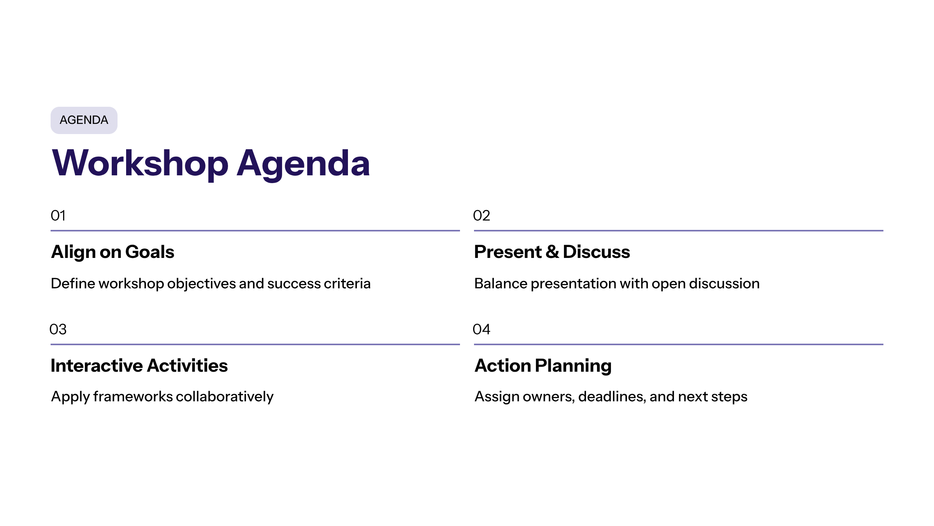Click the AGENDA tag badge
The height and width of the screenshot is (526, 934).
point(84,120)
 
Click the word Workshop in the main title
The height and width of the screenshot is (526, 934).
point(140,164)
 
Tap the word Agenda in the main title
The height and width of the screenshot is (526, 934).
point(303,164)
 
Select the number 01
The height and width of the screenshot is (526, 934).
point(58,215)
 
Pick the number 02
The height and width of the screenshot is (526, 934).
point(481,215)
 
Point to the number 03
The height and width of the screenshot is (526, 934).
point(58,329)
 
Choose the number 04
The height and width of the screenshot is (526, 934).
point(481,329)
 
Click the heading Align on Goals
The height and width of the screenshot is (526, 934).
point(113,252)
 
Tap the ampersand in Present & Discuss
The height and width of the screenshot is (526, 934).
point(552,252)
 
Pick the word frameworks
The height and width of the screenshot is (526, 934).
point(133,397)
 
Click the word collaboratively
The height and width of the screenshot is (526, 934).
point(225,397)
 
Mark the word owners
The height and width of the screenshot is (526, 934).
point(549,397)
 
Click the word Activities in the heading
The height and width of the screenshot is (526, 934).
point(188,365)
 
